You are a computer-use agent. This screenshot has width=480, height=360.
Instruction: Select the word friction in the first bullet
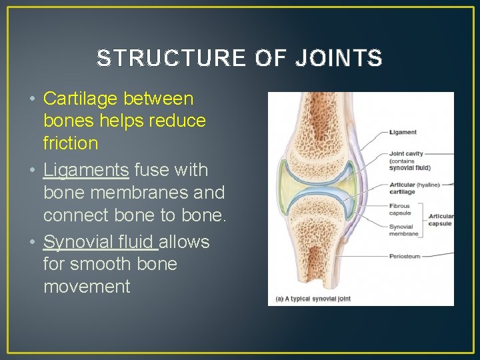coord(71,143)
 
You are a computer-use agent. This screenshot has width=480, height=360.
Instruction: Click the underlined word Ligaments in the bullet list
coord(86,170)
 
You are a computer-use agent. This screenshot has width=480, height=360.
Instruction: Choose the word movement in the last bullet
coord(87,287)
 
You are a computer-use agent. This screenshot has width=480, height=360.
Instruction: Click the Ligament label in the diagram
coord(403,133)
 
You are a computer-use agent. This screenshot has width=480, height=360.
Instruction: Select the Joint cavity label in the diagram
coord(406,154)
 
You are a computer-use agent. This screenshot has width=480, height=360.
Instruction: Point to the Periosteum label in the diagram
coord(405,256)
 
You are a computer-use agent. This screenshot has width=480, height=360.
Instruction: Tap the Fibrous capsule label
coord(400,210)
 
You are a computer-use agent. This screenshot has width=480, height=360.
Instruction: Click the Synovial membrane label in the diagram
coord(403,230)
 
